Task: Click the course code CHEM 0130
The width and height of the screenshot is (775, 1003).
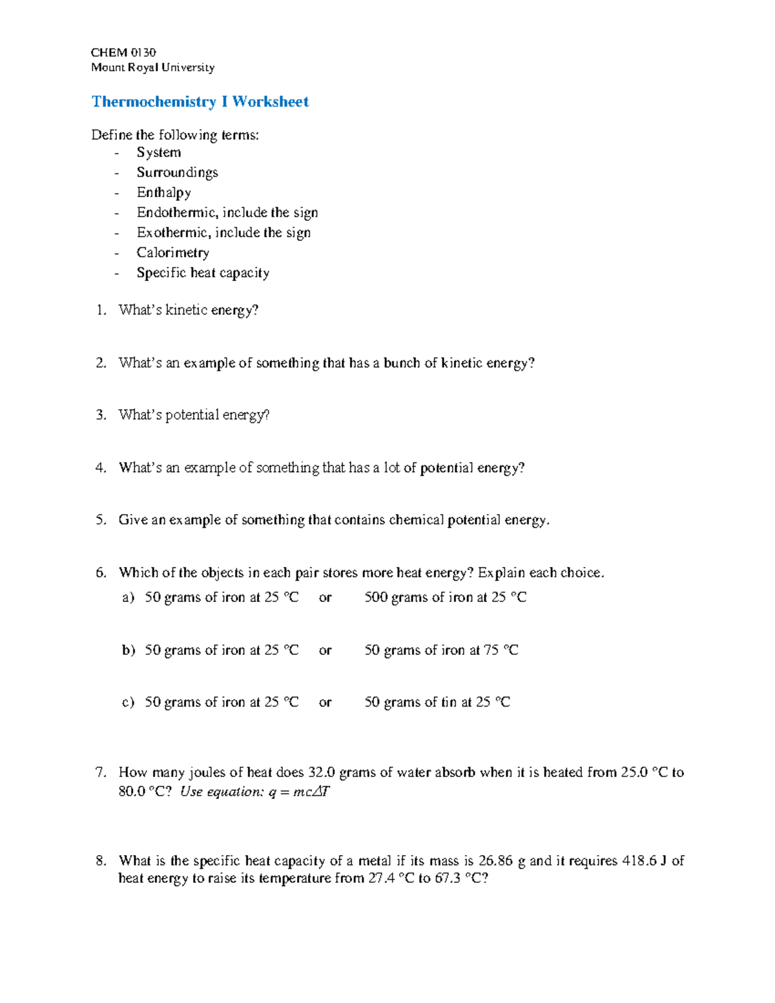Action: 123,52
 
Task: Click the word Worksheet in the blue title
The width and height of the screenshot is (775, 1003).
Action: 271,101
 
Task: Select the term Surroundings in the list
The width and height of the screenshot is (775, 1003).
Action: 177,172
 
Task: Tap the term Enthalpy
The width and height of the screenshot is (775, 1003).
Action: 163,192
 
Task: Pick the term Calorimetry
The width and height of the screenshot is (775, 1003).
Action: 172,253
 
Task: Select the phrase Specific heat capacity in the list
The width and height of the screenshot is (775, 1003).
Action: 203,273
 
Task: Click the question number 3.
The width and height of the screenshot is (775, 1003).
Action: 101,415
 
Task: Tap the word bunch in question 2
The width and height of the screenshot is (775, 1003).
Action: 402,363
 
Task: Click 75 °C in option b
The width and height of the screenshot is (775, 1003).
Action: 501,650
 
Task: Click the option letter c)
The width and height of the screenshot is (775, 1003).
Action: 128,702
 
